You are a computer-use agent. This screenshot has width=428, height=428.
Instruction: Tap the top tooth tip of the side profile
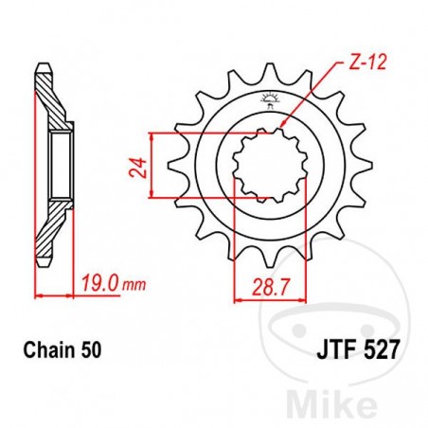point(41,67)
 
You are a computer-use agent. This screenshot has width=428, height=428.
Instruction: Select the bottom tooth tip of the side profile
point(41,266)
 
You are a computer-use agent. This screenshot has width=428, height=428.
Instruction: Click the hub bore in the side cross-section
point(61,167)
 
